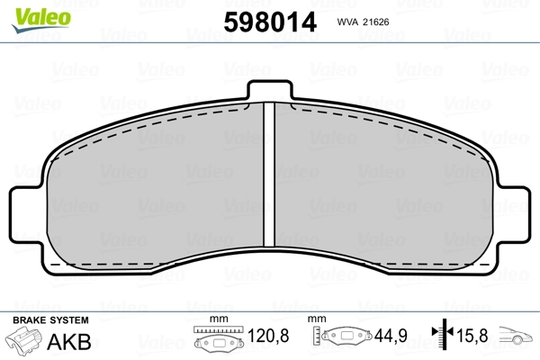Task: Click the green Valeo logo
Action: pyautogui.click(x=41, y=20)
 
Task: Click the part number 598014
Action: pyautogui.click(x=270, y=22)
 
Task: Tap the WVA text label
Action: pyautogui.click(x=348, y=22)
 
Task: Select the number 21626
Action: pyautogui.click(x=376, y=22)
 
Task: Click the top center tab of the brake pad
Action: pyautogui.click(x=270, y=90)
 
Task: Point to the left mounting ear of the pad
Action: pyautogui.click(x=28, y=214)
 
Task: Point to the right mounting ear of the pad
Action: pyautogui.click(x=512, y=214)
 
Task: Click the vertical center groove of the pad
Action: pyautogui.click(x=269, y=175)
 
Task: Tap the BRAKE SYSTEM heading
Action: pyautogui.click(x=50, y=320)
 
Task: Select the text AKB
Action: pyautogui.click(x=69, y=342)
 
